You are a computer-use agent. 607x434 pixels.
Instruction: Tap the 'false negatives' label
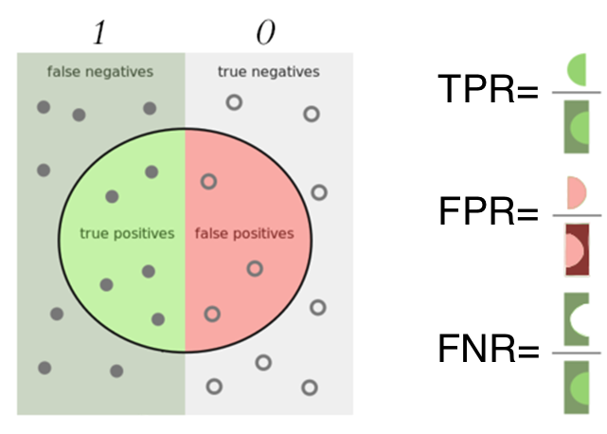[99, 71]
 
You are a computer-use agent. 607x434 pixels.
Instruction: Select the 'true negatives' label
[269, 71]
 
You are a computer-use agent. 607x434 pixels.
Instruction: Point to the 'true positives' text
[127, 233]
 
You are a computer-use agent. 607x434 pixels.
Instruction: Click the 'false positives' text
[243, 233]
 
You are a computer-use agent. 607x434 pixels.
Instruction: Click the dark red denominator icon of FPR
[577, 249]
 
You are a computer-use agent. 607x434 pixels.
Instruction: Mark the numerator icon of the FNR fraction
[577, 317]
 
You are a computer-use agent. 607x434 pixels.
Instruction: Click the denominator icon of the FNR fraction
[577, 389]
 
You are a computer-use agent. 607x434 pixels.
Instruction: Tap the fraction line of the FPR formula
[577, 217]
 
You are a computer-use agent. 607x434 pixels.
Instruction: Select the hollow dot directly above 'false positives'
[208, 181]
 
